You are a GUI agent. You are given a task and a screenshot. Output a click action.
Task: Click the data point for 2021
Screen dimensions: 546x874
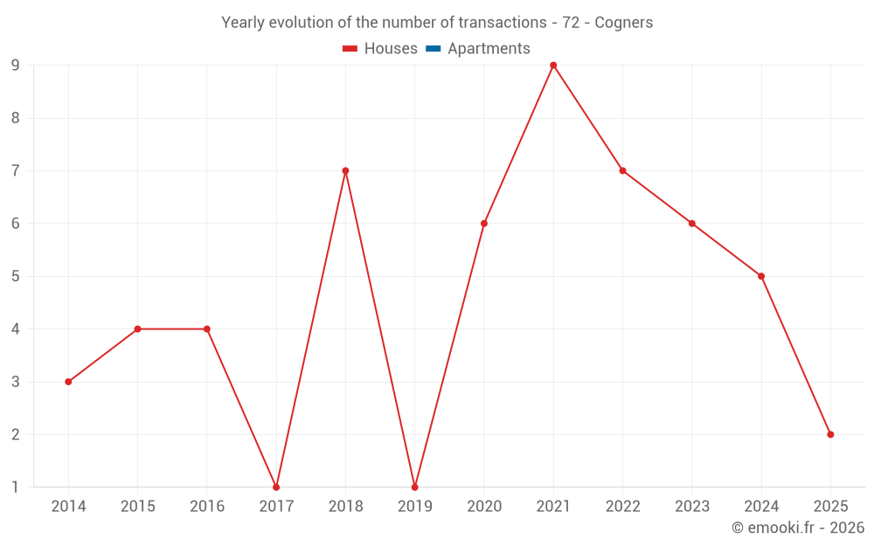553,66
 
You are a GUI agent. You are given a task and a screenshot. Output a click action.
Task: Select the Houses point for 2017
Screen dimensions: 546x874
276,487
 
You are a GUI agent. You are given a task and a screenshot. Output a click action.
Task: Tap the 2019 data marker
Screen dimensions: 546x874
414,487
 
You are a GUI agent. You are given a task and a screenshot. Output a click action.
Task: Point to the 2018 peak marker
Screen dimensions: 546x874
345,170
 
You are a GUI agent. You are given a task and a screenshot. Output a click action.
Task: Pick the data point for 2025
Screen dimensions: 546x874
830,434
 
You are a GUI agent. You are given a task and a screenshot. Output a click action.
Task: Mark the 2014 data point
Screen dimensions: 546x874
68,382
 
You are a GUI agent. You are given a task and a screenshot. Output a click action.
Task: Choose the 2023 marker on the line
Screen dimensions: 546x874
692,224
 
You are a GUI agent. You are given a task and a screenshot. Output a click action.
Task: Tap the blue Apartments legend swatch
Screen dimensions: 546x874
433,49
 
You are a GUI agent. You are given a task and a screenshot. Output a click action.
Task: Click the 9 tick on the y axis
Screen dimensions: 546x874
16,66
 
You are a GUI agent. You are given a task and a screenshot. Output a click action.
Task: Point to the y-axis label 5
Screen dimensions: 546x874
16,276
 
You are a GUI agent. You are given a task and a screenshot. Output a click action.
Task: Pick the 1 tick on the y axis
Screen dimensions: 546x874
16,487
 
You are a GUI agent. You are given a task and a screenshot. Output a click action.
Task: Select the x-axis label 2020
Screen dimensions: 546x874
484,506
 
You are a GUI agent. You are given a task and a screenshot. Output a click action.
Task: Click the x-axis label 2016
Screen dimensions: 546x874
207,506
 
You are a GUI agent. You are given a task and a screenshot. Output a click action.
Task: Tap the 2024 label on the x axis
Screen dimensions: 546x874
761,506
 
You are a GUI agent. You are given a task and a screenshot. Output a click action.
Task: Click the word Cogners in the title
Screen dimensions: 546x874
623,23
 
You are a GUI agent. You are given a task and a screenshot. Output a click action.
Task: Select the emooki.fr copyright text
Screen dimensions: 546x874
797,528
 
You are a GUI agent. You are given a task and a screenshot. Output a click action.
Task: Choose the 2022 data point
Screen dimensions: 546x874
622,170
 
